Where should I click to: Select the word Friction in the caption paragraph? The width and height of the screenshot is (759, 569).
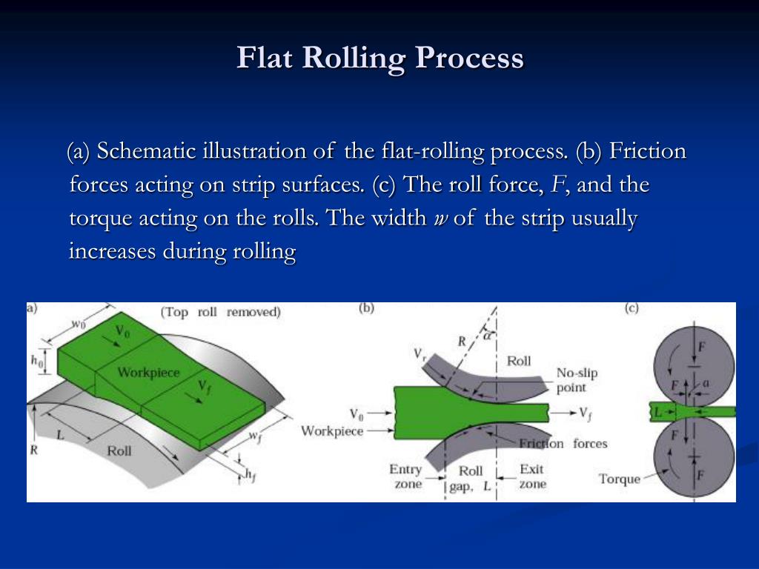[x=648, y=152]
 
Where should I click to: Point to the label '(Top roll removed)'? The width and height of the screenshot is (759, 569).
[x=221, y=312]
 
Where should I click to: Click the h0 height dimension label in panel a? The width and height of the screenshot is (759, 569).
[x=37, y=361]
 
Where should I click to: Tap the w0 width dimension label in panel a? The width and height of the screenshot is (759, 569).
[x=78, y=323]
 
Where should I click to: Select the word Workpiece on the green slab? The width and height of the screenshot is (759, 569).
[x=148, y=372]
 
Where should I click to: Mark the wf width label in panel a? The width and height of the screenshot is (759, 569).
[x=254, y=437]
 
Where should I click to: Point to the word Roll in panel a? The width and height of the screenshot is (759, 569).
[x=119, y=450]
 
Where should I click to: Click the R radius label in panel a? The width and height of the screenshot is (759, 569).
[x=34, y=449]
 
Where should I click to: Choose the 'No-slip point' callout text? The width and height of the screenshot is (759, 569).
[x=576, y=380]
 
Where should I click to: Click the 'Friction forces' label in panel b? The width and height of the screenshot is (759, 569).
[x=563, y=444]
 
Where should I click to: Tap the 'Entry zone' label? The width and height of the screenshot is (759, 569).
[x=405, y=476]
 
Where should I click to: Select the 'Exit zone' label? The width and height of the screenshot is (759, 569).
[x=532, y=476]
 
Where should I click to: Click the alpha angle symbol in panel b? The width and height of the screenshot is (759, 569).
[x=487, y=335]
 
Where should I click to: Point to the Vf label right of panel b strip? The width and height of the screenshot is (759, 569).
[x=586, y=413]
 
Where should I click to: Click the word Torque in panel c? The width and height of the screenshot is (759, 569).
[x=619, y=479]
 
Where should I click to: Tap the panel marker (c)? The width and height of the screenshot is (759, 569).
[x=632, y=309]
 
